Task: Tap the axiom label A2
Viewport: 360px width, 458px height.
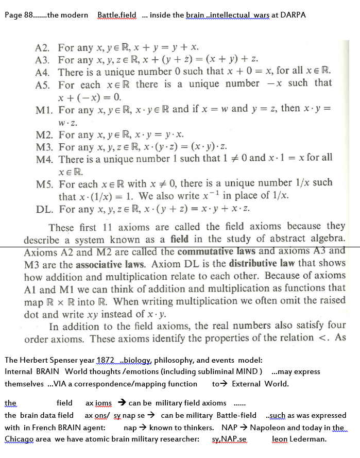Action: (45, 48)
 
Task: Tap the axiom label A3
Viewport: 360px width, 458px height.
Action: (45, 60)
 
